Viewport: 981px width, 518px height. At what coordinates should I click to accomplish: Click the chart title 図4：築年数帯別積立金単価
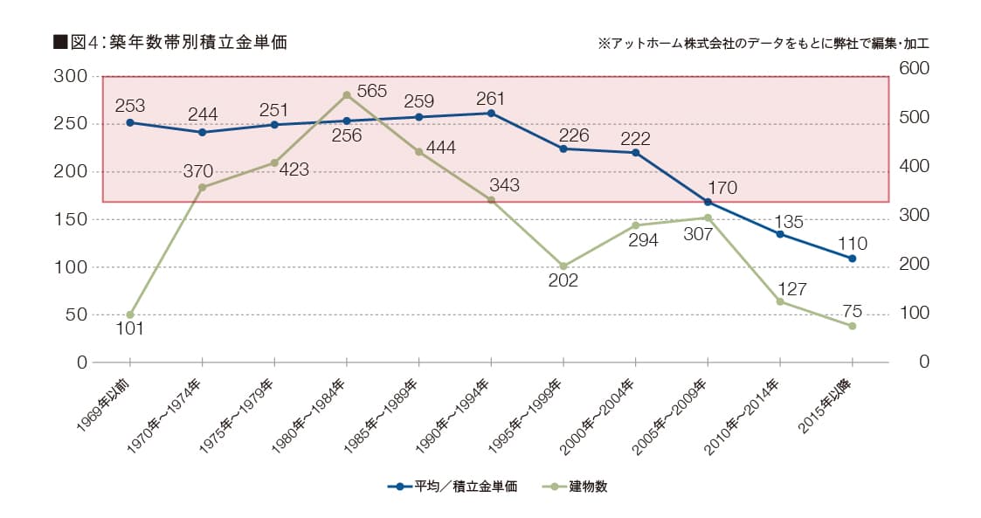click(x=169, y=42)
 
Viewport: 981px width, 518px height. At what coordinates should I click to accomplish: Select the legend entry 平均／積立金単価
click(x=453, y=487)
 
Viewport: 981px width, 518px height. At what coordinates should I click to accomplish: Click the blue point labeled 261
click(x=491, y=114)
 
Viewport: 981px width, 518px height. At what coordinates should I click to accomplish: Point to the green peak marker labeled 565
click(x=347, y=94)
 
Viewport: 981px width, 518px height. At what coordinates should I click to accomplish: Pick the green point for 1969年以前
click(x=130, y=314)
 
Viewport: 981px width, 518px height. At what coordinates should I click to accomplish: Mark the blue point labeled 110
click(x=852, y=259)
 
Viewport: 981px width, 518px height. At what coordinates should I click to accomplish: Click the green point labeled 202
click(x=563, y=266)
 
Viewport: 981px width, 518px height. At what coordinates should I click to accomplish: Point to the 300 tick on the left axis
click(x=70, y=77)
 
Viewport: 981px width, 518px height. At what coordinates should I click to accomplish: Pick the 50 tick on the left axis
click(x=75, y=314)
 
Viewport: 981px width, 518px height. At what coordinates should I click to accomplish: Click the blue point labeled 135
click(x=779, y=234)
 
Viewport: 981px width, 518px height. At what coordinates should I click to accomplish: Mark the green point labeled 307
click(x=708, y=218)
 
